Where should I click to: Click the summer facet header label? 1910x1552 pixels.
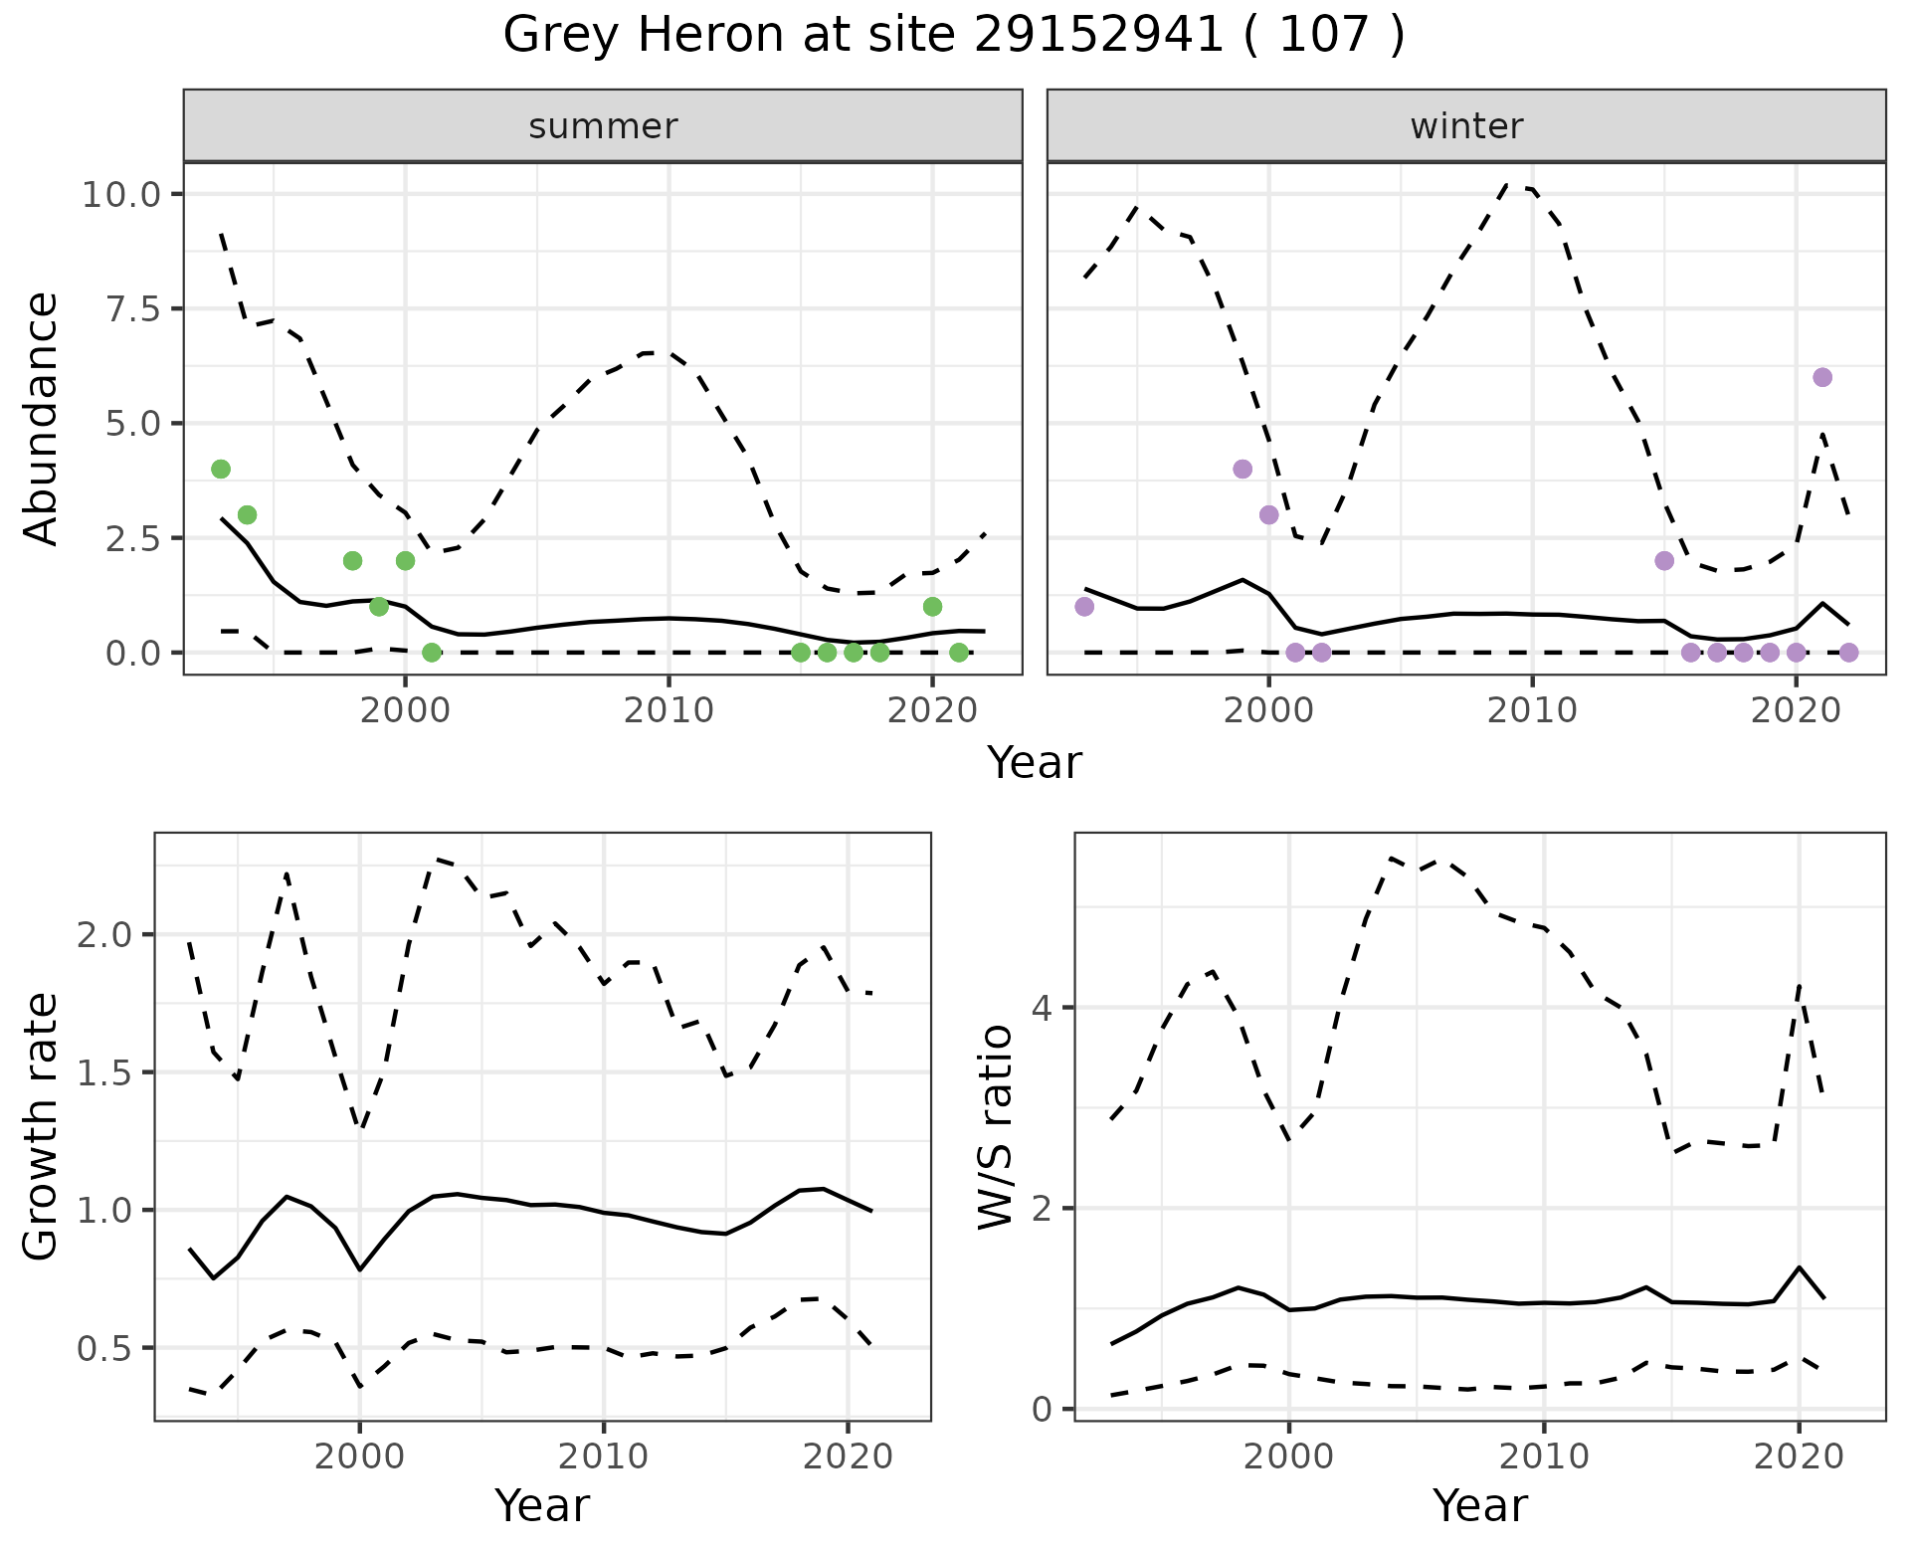[x=603, y=126]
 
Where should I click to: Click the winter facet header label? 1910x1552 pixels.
[x=1466, y=126]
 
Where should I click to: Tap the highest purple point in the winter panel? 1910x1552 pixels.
[x=1822, y=377]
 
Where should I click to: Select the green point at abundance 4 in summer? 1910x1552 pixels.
[x=221, y=469]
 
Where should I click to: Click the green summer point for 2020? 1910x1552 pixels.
[x=932, y=607]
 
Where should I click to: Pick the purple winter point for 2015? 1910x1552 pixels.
[x=1664, y=561]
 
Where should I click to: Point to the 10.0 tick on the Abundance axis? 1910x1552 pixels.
[x=121, y=194]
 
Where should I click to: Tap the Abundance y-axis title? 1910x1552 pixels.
[x=42, y=419]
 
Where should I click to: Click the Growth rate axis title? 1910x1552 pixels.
[x=42, y=1126]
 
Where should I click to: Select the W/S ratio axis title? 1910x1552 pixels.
[x=996, y=1126]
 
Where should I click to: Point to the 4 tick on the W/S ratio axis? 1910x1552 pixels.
[x=1042, y=1008]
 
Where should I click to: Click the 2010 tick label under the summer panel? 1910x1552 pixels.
[x=669, y=710]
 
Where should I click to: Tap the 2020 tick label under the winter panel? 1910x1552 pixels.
[x=1796, y=710]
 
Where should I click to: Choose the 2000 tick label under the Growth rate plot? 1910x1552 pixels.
[x=360, y=1456]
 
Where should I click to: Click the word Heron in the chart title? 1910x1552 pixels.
[x=717, y=36]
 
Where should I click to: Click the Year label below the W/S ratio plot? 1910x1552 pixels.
[x=1479, y=1506]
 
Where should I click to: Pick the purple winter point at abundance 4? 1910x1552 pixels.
[x=1242, y=469]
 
